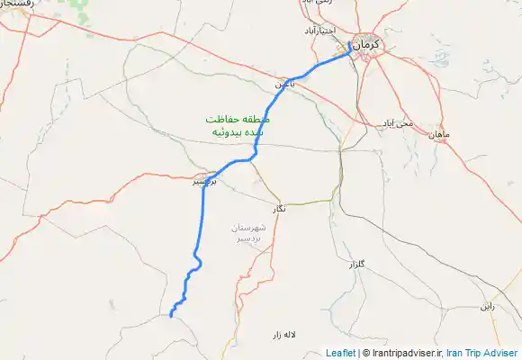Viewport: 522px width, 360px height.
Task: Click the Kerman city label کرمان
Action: click(x=366, y=45)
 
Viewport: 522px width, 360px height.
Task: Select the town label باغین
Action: click(x=284, y=83)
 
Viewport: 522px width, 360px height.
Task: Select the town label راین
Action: click(x=487, y=306)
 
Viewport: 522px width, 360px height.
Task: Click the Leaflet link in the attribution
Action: click(x=340, y=353)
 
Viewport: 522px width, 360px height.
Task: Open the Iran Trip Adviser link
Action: click(x=482, y=353)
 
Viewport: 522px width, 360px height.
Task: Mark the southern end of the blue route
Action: click(x=170, y=315)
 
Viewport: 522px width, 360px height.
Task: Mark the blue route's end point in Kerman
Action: click(x=349, y=41)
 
